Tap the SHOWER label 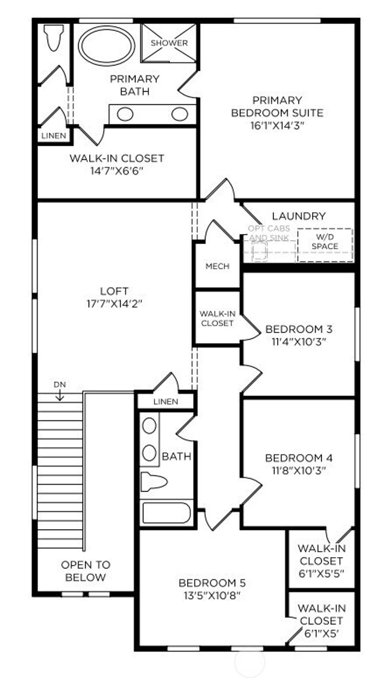click(x=169, y=43)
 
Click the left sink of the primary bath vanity click(x=125, y=114)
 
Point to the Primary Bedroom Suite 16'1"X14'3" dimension click(x=278, y=126)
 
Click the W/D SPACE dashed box click(x=325, y=245)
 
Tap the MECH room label click(x=217, y=266)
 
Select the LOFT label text click(x=114, y=291)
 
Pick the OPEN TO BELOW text click(x=85, y=571)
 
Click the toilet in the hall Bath click(x=153, y=482)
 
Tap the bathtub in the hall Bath click(x=166, y=513)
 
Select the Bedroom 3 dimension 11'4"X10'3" click(x=299, y=342)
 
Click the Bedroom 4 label click(x=299, y=458)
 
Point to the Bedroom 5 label click(x=212, y=583)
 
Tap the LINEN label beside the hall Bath click(x=166, y=401)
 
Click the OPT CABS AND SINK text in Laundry click(x=269, y=233)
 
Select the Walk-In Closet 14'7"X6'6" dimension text click(x=117, y=171)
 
